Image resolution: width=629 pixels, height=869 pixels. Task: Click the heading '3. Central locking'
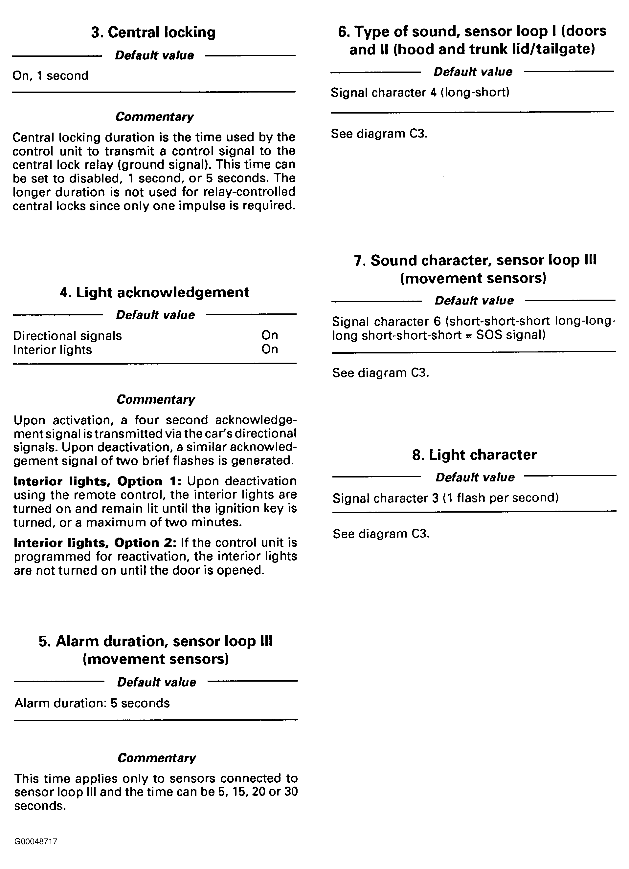click(x=153, y=32)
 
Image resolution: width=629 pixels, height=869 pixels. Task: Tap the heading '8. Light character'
click(x=474, y=455)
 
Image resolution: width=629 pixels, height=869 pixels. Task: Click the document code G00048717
click(x=36, y=841)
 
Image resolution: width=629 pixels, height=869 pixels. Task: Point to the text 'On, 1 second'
click(x=51, y=75)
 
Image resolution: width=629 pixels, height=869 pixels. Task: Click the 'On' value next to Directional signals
click(x=270, y=335)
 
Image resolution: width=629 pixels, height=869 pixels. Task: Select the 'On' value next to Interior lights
click(x=270, y=349)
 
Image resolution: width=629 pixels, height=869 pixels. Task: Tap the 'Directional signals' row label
click(x=68, y=336)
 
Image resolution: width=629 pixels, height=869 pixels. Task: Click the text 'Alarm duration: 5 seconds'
click(x=92, y=703)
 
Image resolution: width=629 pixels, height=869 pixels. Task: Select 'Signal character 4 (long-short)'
click(x=420, y=93)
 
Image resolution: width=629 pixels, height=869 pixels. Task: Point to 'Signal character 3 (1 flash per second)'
click(x=445, y=498)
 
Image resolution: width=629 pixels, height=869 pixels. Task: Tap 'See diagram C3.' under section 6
click(x=379, y=134)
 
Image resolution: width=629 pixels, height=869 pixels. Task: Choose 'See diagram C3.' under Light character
click(x=381, y=534)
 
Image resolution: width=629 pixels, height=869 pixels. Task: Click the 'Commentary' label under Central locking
click(x=155, y=117)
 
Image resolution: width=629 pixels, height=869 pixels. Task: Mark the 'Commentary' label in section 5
click(x=156, y=758)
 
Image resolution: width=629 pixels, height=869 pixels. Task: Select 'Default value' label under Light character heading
click(x=475, y=477)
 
